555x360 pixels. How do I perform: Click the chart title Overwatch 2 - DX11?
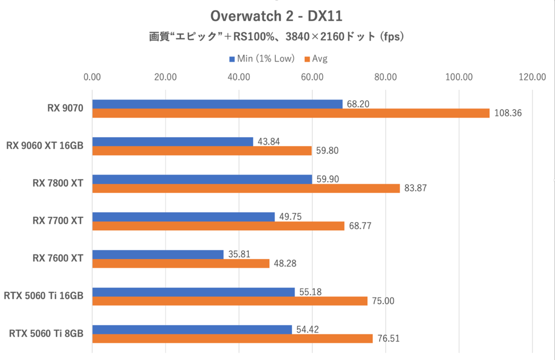(x=276, y=16)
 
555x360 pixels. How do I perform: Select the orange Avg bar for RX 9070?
(x=290, y=113)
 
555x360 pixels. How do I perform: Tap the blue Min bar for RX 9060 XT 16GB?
(x=173, y=142)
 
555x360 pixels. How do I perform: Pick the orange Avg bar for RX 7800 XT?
(x=246, y=188)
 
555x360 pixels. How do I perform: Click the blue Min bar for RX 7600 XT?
(x=158, y=254)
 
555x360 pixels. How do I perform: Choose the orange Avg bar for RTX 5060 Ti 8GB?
(x=232, y=339)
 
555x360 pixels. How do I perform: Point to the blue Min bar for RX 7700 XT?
(x=183, y=217)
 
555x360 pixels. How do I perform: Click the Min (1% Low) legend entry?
(x=262, y=59)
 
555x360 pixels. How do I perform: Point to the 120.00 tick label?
(x=532, y=77)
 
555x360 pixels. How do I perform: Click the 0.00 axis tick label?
(x=92, y=77)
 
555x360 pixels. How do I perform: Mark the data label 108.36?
(x=508, y=113)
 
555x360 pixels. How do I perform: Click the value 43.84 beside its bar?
(x=269, y=141)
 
